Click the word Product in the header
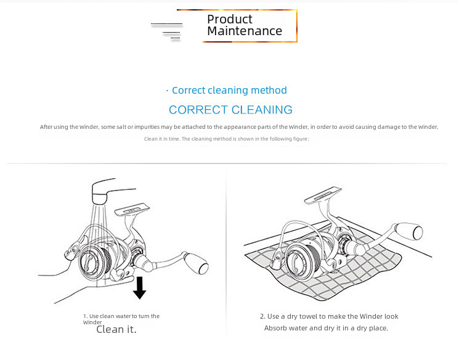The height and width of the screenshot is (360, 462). (230, 19)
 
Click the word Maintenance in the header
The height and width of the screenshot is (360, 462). (245, 31)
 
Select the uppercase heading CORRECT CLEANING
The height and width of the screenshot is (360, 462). (230, 110)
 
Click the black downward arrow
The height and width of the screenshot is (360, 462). (140, 288)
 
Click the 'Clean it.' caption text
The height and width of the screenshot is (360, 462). (116, 329)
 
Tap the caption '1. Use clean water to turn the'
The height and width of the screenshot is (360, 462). (121, 316)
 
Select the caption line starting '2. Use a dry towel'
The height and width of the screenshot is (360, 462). (329, 316)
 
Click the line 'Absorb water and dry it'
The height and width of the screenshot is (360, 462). (326, 328)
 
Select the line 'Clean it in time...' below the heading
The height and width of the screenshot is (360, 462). (226, 139)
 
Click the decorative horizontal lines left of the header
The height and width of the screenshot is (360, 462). (168, 30)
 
